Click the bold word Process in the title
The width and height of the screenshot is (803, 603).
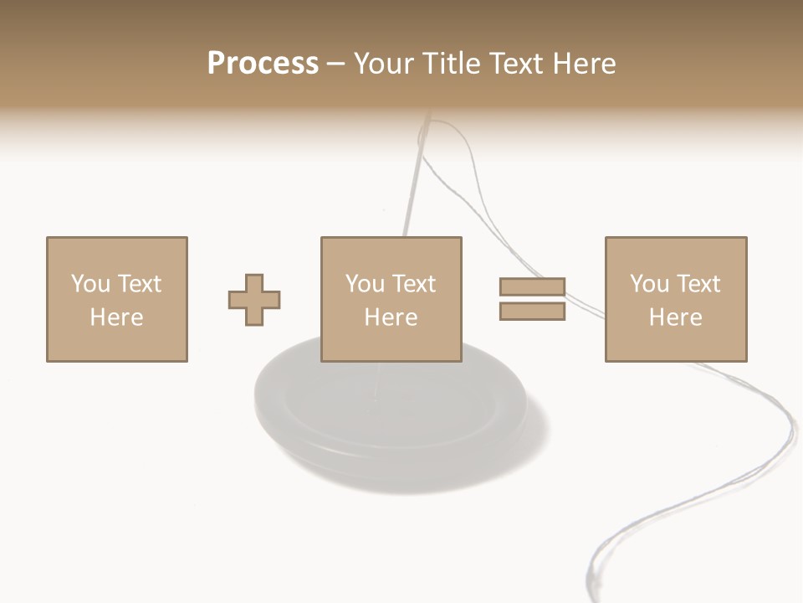point(263,64)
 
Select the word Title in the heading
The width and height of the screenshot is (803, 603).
point(452,64)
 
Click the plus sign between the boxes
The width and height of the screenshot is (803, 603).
point(254,299)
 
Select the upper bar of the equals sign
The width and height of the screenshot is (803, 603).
point(532,287)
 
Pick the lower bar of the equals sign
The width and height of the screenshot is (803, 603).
point(532,311)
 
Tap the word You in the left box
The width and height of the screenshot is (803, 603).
point(90,284)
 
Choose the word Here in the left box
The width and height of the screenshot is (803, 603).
point(116,317)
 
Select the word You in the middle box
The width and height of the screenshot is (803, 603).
point(365,284)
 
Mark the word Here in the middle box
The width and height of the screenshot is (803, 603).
point(391,317)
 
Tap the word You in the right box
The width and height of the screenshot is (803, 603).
point(649,284)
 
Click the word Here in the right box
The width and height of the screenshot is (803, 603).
point(675,317)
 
